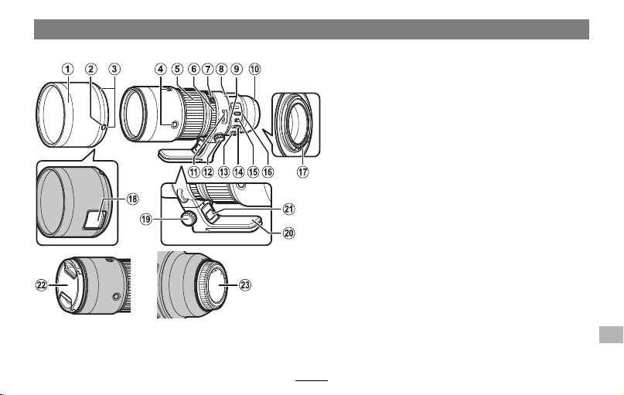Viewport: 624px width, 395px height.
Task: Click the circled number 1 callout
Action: click(67, 70)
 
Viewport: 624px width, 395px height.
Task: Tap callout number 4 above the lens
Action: click(160, 70)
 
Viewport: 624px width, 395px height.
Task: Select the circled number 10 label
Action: click(254, 70)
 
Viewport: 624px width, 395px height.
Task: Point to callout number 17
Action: click(303, 172)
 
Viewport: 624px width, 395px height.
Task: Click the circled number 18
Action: click(132, 199)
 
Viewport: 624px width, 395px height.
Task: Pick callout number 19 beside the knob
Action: click(146, 219)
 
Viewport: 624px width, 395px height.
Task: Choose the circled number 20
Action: click(289, 233)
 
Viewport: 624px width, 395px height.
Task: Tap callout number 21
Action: click(289, 209)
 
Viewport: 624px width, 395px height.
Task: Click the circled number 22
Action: click(42, 285)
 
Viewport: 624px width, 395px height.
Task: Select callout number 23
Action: click(245, 285)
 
